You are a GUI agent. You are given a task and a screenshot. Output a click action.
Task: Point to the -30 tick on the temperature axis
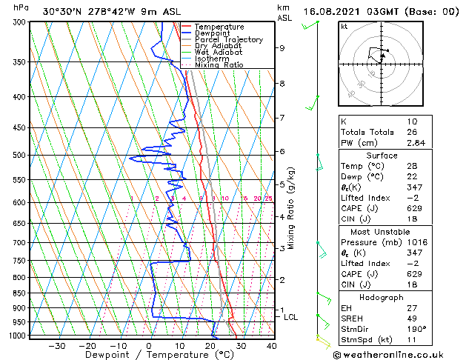(56, 345)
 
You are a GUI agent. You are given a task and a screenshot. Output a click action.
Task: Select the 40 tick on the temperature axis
(272, 345)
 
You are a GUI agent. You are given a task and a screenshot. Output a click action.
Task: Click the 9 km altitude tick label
(282, 48)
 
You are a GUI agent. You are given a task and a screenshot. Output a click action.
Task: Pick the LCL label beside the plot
(291, 317)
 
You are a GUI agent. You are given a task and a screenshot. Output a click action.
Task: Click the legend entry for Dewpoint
(211, 33)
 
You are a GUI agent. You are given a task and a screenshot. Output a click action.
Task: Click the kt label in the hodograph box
(344, 26)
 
